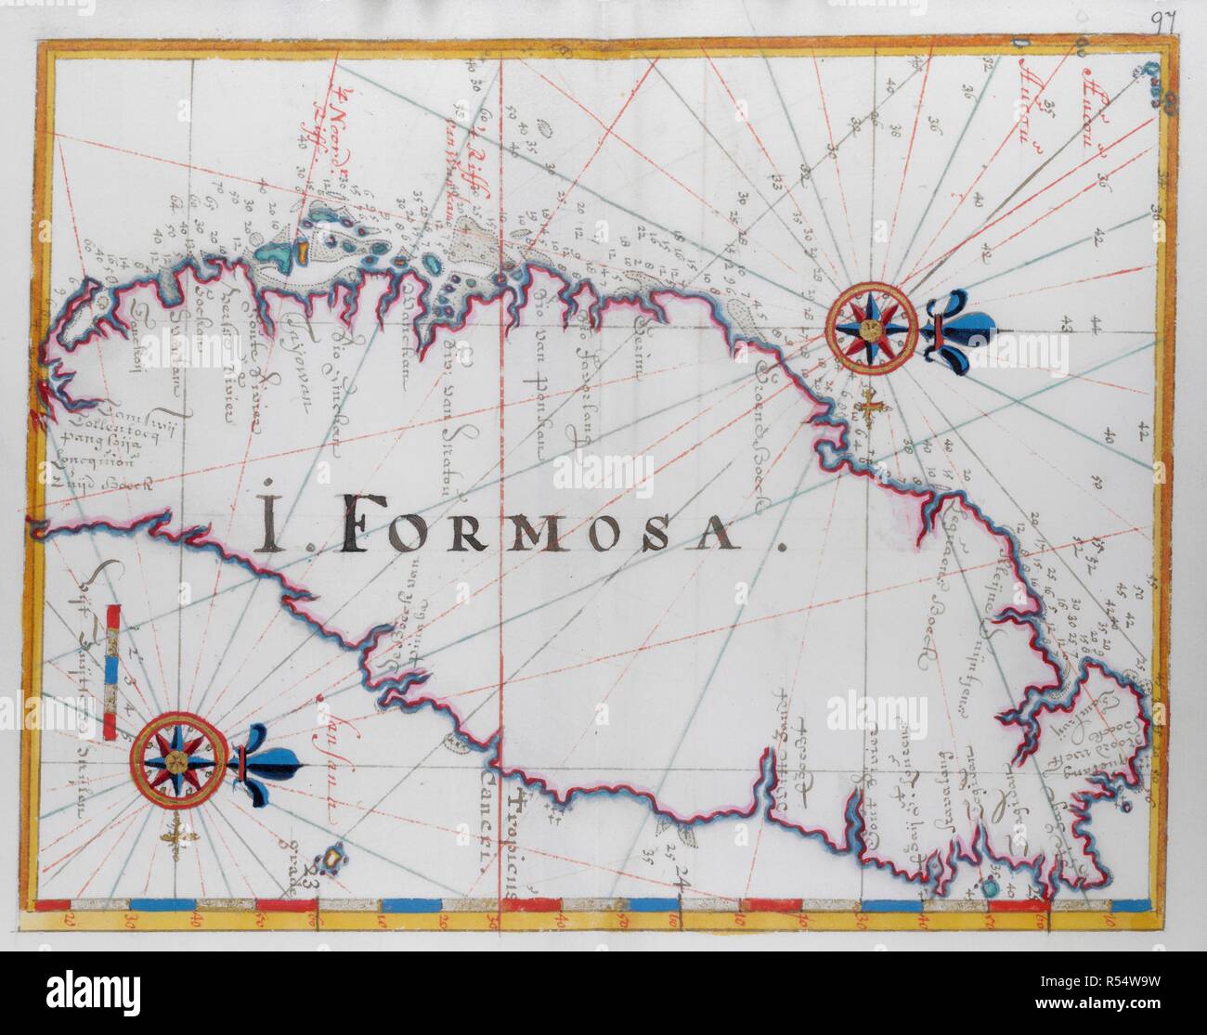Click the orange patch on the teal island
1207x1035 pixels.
coord(301,252)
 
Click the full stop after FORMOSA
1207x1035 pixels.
coord(778,548)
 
